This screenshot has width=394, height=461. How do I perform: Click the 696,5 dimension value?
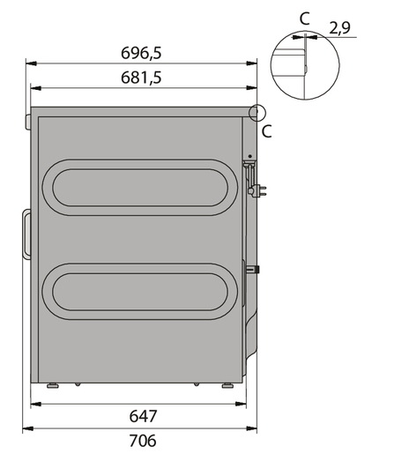(141, 53)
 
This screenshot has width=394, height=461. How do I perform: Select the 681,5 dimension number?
(141, 78)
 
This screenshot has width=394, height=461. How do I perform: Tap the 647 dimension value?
(143, 416)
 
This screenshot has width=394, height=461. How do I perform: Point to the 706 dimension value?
(143, 441)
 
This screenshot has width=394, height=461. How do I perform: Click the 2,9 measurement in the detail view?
(339, 28)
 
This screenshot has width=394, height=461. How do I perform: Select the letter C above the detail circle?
(305, 19)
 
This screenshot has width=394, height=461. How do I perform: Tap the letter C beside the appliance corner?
(266, 131)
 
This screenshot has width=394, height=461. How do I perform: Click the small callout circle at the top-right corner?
(257, 113)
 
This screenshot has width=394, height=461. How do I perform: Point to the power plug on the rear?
(258, 190)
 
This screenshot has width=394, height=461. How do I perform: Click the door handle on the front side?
(26, 234)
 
